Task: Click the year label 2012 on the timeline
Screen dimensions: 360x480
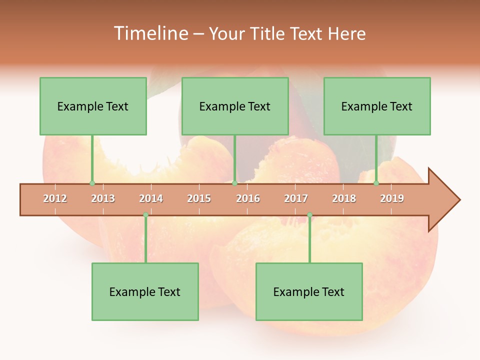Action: click(x=55, y=198)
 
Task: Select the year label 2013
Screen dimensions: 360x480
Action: click(x=103, y=198)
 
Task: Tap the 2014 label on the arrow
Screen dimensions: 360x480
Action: click(x=151, y=198)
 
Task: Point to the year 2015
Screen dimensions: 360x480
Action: click(x=199, y=198)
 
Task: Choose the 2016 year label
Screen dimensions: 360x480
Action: click(x=248, y=198)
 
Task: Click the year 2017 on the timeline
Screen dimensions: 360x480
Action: click(x=296, y=198)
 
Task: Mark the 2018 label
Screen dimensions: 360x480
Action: click(x=344, y=198)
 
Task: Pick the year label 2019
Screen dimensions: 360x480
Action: click(x=392, y=198)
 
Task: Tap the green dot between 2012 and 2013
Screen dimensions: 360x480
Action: click(x=92, y=183)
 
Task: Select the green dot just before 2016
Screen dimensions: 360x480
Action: click(x=234, y=183)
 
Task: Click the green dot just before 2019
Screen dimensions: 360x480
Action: click(x=376, y=183)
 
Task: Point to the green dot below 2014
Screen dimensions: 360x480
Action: click(x=145, y=215)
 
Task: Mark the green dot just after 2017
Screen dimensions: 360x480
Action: click(x=309, y=215)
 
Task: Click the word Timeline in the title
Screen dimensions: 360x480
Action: click(x=150, y=33)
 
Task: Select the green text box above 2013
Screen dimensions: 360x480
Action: click(x=93, y=106)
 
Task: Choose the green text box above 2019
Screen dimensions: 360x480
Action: click(x=377, y=106)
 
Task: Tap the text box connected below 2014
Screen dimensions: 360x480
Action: click(x=145, y=291)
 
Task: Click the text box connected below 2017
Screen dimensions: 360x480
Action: click(x=309, y=291)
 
